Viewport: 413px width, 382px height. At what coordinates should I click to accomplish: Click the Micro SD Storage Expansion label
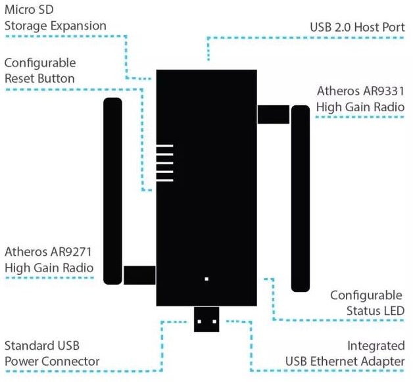[55, 18]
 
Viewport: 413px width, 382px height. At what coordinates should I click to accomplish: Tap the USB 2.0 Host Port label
[357, 28]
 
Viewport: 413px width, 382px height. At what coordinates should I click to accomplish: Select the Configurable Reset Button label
[40, 70]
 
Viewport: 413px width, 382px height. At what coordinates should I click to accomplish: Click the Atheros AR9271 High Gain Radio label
[49, 259]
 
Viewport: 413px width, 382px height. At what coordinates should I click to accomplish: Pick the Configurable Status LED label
[366, 302]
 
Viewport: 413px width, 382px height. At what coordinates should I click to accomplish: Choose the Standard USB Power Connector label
[52, 353]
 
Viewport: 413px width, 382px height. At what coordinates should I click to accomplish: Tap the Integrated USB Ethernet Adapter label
[345, 353]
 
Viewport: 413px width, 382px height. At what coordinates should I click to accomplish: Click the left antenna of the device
[112, 191]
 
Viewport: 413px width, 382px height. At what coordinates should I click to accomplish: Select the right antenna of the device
[301, 197]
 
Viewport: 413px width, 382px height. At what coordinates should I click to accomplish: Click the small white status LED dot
[206, 279]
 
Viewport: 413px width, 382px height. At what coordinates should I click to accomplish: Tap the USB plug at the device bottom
[206, 320]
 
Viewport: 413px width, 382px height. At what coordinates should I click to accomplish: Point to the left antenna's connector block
[139, 275]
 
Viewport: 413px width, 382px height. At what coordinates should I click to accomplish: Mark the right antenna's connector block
[273, 114]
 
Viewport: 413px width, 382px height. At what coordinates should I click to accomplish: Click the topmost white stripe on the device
[164, 145]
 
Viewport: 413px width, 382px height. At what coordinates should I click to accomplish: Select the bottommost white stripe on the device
[164, 179]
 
